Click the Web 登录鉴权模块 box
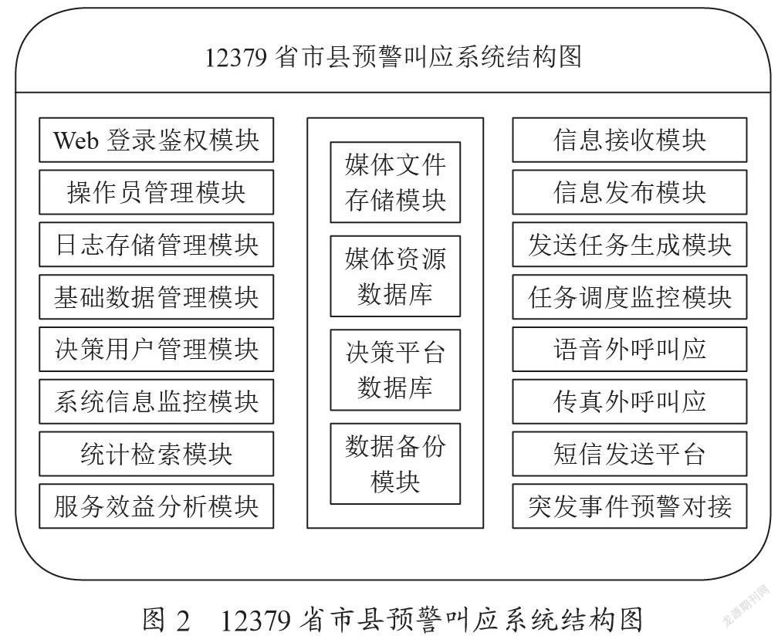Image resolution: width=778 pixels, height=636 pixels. click(x=156, y=140)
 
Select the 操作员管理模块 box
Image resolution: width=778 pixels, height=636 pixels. click(x=156, y=192)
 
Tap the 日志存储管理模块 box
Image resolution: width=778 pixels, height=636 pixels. click(x=156, y=245)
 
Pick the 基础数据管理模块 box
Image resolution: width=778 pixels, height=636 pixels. click(x=156, y=297)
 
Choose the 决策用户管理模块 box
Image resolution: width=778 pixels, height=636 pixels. click(x=156, y=349)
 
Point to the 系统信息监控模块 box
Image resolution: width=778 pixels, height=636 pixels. click(x=156, y=402)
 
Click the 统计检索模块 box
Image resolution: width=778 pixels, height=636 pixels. click(x=156, y=454)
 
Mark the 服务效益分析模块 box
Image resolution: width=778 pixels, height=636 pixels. click(x=156, y=506)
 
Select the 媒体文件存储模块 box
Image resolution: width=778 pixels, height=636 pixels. click(x=395, y=182)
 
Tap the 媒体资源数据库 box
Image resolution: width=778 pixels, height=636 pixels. click(x=395, y=276)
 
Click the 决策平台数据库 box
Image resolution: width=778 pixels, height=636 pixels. click(x=395, y=370)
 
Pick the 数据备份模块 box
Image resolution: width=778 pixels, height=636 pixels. click(x=395, y=464)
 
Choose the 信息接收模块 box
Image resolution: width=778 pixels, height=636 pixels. click(x=630, y=140)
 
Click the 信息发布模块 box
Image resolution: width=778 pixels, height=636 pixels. click(x=630, y=192)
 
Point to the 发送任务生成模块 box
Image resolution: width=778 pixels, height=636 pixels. click(x=630, y=245)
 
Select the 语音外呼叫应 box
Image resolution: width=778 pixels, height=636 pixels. click(x=630, y=349)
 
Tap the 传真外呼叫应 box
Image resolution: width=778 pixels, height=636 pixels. click(x=630, y=402)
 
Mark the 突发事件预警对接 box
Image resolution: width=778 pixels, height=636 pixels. click(x=630, y=506)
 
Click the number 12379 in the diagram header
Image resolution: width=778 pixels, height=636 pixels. click(x=236, y=58)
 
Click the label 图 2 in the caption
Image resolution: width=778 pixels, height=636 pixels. click(x=166, y=620)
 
